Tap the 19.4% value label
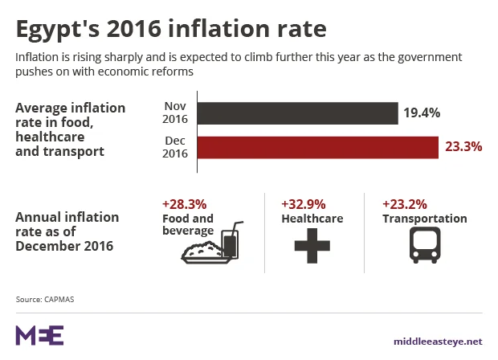click(422, 113)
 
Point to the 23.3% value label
click(463, 148)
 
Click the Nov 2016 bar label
click(175, 113)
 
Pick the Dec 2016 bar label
click(175, 148)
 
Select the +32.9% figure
click(304, 205)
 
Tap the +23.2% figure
click(405, 205)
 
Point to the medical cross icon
click(312, 245)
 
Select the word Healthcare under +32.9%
click(312, 219)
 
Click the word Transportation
click(424, 219)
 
